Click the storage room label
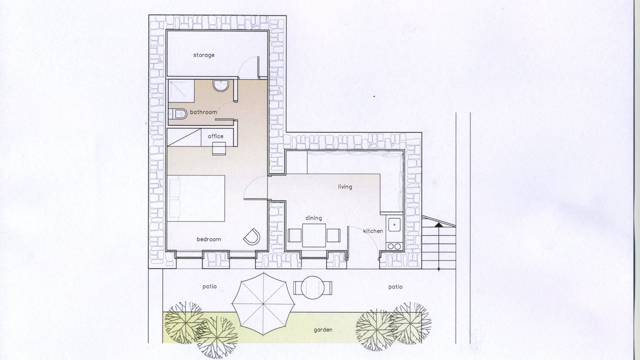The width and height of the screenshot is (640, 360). (203, 55)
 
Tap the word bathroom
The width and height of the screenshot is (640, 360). (203, 112)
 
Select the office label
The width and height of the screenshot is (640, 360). (215, 136)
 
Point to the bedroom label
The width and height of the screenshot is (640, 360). (208, 239)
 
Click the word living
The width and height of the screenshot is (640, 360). (345, 187)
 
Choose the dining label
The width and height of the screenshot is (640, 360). (313, 218)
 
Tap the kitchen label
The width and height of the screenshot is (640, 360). (373, 231)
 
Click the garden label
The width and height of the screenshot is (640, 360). (323, 329)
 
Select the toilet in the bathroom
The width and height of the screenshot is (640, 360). (177, 114)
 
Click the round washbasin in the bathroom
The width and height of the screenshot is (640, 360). (221, 85)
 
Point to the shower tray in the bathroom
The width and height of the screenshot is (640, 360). (181, 91)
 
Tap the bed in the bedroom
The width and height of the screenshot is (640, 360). (196, 198)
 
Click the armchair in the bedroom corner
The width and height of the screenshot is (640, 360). (251, 236)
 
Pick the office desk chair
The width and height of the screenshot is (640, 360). (219, 148)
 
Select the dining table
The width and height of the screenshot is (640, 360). (313, 235)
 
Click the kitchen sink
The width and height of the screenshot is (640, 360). (394, 224)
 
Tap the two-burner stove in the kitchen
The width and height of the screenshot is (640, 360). (394, 246)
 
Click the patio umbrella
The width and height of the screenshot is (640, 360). (263, 304)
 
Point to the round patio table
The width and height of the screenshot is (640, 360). (313, 287)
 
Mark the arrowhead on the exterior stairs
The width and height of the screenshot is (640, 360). (438, 225)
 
